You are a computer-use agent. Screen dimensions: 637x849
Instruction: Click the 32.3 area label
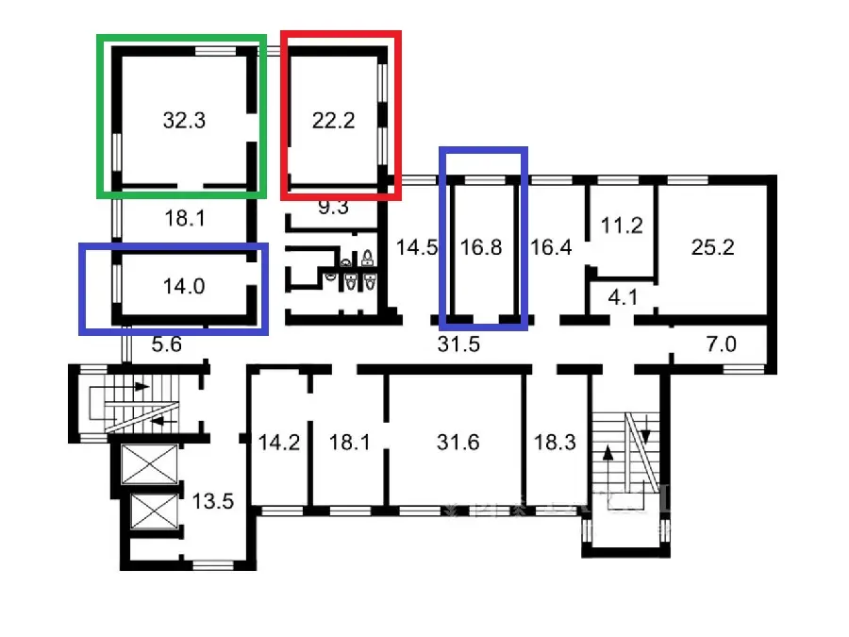click(x=184, y=121)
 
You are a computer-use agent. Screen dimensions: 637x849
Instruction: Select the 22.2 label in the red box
click(x=333, y=121)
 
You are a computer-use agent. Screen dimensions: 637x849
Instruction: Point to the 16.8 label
click(x=480, y=248)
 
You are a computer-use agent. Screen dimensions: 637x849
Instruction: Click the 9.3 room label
click(x=333, y=207)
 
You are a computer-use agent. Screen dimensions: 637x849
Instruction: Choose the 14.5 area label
click(x=416, y=248)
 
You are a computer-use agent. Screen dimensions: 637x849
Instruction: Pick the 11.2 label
click(x=622, y=226)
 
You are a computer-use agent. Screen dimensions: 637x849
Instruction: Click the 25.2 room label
click(x=712, y=248)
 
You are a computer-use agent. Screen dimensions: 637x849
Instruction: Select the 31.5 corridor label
click(x=459, y=344)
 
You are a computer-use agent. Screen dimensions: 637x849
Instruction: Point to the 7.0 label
click(x=721, y=344)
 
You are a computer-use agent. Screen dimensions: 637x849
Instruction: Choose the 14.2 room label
click(x=278, y=442)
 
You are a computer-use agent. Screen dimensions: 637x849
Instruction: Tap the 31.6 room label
click(x=459, y=442)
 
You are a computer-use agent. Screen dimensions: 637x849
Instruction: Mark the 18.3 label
click(x=555, y=442)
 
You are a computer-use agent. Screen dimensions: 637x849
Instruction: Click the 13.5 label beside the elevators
click(x=212, y=500)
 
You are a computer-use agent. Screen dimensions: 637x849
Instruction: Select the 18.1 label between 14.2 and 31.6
click(x=350, y=442)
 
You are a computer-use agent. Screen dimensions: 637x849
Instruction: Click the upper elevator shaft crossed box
click(x=149, y=463)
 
